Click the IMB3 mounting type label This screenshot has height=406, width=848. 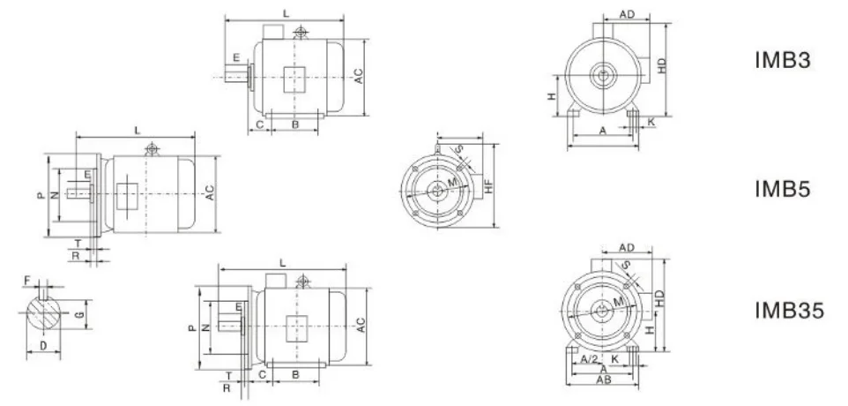[783, 60]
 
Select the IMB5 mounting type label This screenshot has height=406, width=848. [783, 189]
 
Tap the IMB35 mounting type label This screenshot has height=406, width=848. [790, 311]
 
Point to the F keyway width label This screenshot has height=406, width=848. [27, 280]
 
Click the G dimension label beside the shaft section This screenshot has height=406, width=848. [79, 315]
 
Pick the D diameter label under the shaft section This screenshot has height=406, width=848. [43, 345]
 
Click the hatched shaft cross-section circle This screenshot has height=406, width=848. [44, 313]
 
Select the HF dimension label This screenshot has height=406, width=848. [488, 185]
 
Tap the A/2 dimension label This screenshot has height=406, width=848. [590, 359]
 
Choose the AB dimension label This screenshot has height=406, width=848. [604, 380]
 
